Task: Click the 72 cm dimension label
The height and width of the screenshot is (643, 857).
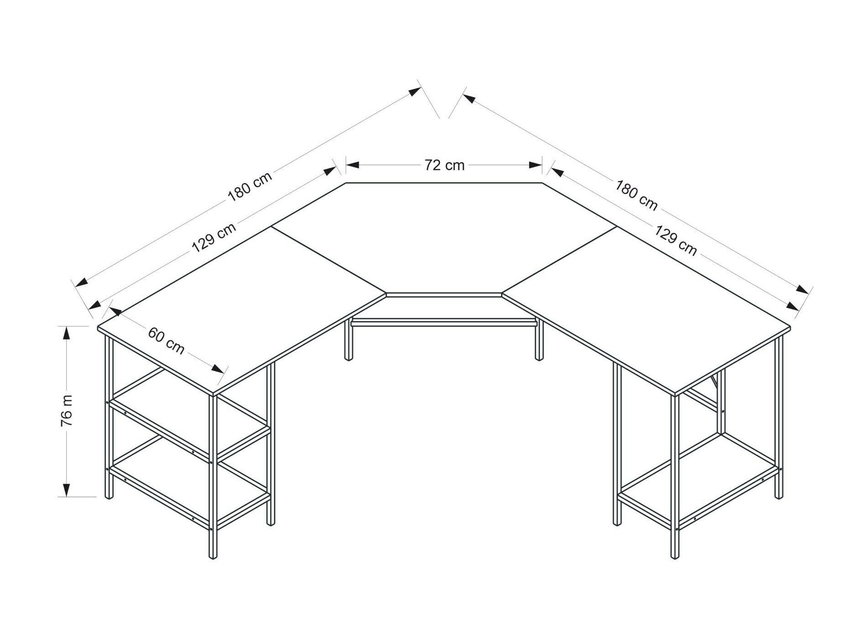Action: click(x=444, y=165)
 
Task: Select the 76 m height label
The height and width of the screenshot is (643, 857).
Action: click(x=67, y=410)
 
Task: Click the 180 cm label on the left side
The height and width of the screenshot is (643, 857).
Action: click(x=250, y=186)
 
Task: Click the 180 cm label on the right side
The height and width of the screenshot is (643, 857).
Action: click(x=636, y=195)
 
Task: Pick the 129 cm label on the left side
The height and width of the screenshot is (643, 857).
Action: click(x=214, y=237)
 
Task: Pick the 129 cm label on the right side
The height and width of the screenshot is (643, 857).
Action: click(x=675, y=240)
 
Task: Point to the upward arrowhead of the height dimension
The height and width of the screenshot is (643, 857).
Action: click(x=67, y=333)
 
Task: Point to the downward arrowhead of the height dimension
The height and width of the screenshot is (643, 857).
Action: click(x=67, y=490)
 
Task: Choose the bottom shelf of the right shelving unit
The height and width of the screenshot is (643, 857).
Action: click(x=698, y=484)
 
